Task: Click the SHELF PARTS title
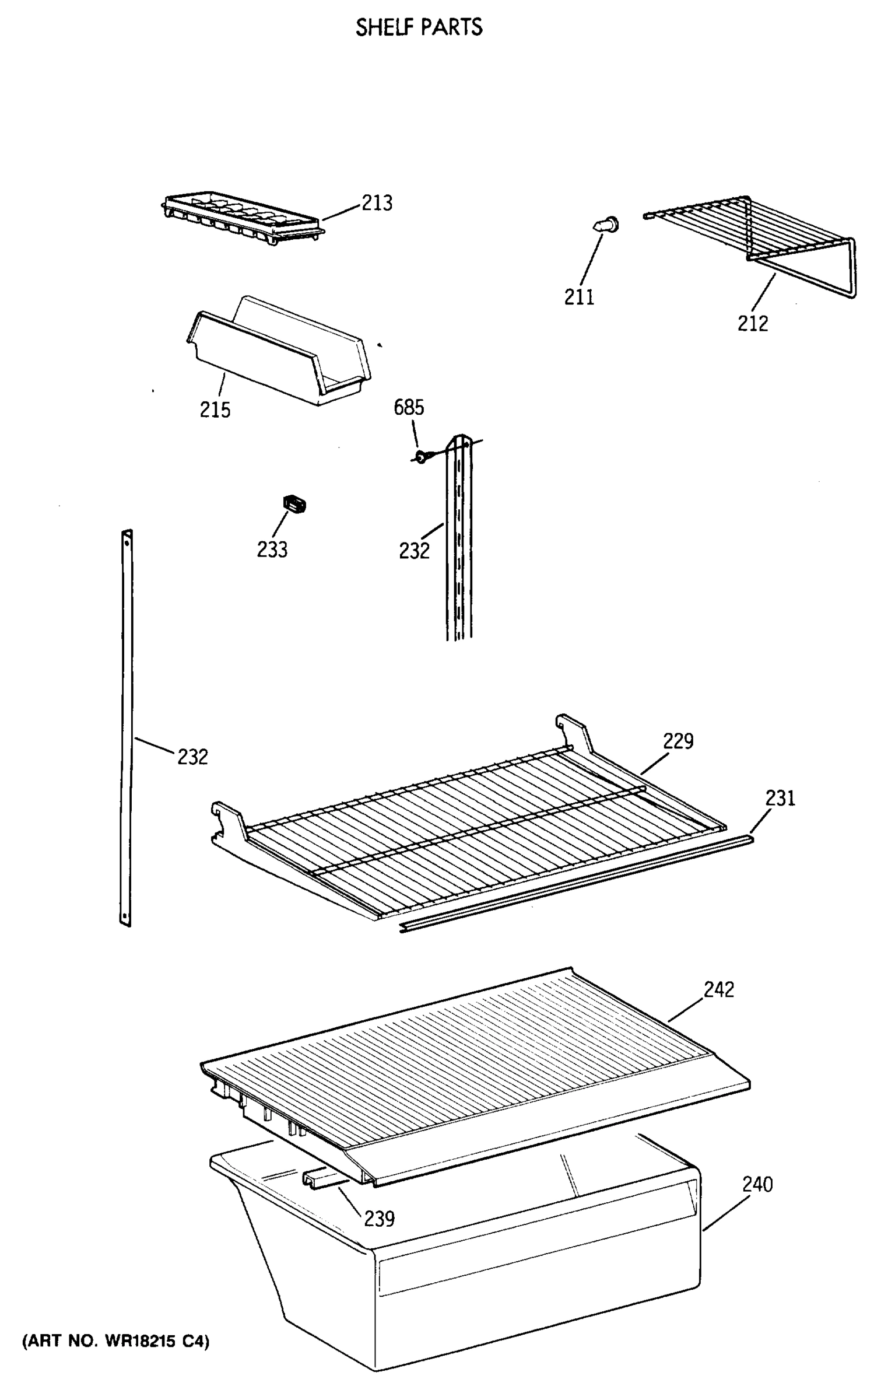pyautogui.click(x=419, y=27)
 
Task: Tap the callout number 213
pyautogui.click(x=377, y=203)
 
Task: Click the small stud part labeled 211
pyautogui.click(x=608, y=225)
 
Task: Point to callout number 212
pyautogui.click(x=752, y=323)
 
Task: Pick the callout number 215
pyautogui.click(x=215, y=409)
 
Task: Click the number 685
pyautogui.click(x=409, y=407)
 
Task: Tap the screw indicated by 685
pyautogui.click(x=422, y=455)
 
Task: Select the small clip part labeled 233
pyautogui.click(x=295, y=503)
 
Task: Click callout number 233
pyautogui.click(x=272, y=549)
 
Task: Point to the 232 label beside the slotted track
pyautogui.click(x=414, y=551)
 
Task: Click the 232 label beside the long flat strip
pyautogui.click(x=192, y=757)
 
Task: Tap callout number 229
pyautogui.click(x=678, y=741)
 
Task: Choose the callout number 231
pyautogui.click(x=780, y=798)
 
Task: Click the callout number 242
pyautogui.click(x=718, y=989)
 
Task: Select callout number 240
pyautogui.click(x=757, y=1185)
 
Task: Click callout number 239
pyautogui.click(x=379, y=1219)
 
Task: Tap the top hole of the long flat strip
pyautogui.click(x=127, y=541)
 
